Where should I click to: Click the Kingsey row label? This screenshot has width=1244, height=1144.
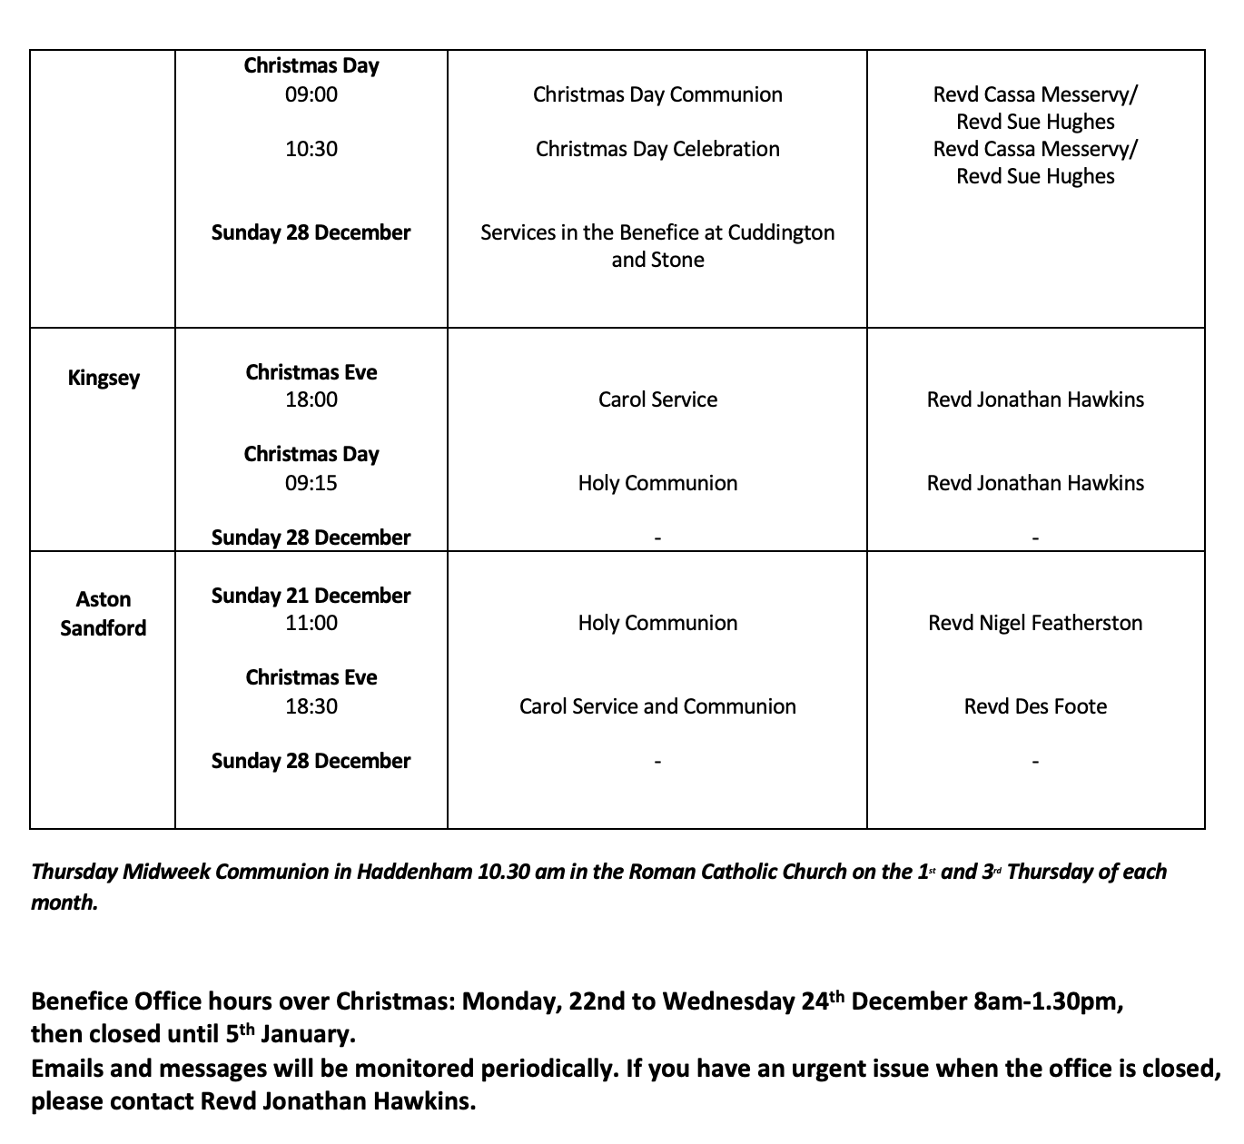(104, 378)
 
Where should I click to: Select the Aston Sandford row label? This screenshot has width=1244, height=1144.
(103, 614)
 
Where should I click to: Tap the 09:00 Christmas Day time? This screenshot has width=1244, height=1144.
(311, 94)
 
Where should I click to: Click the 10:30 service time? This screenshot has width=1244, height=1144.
(311, 149)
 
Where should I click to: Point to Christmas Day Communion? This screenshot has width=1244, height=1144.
(657, 94)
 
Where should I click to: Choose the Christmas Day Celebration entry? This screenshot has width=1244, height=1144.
(657, 149)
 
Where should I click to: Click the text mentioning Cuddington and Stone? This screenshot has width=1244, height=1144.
(657, 246)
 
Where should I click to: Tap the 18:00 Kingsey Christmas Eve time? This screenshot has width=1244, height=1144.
(311, 399)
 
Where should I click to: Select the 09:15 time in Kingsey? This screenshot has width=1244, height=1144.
(311, 483)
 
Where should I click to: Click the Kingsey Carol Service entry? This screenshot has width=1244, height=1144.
(657, 399)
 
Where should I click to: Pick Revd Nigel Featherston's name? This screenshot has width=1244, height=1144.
(1035, 623)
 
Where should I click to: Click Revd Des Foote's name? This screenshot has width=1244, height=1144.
(1035, 706)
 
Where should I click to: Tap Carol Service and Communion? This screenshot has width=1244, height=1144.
(657, 706)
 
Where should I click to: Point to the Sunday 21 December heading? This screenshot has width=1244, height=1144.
(311, 596)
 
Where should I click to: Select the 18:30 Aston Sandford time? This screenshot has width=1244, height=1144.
(311, 706)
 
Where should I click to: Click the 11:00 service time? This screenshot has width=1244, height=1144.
(311, 623)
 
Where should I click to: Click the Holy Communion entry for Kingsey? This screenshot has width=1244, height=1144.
(657, 483)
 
